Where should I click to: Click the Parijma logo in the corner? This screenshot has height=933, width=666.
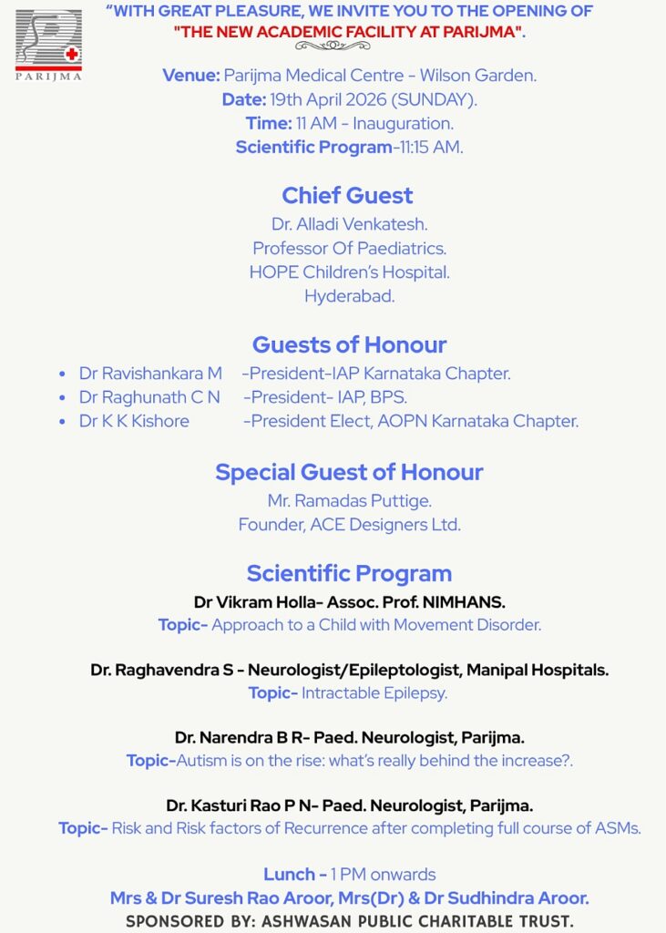tap(48, 43)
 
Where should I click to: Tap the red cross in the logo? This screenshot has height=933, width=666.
tap(71, 54)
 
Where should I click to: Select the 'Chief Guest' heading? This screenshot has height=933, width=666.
tap(347, 195)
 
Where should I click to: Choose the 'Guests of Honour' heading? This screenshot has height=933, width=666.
tap(349, 344)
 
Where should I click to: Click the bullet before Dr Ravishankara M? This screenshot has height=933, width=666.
tap(62, 374)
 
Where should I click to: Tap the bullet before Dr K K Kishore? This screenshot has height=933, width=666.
tap(62, 422)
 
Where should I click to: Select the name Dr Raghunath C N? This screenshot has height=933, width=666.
tap(149, 397)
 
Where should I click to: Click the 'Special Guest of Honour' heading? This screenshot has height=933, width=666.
tap(349, 472)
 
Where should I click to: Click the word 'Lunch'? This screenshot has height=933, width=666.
tap(290, 874)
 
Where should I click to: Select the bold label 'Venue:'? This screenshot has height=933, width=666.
tap(191, 75)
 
